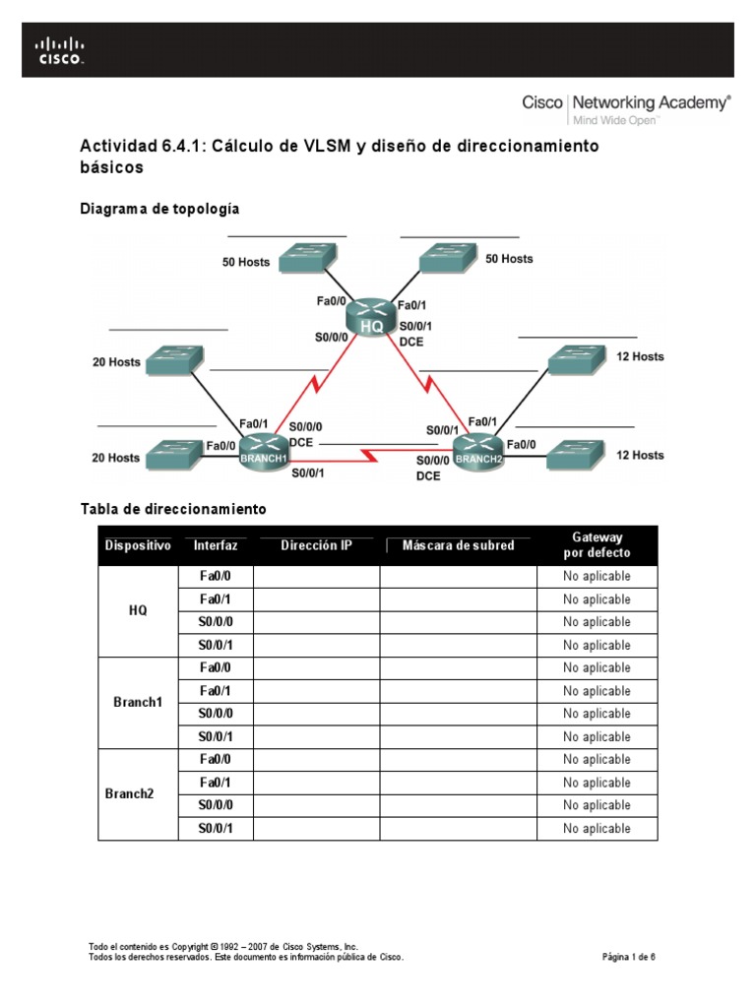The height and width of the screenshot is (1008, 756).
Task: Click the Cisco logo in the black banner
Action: coord(60,50)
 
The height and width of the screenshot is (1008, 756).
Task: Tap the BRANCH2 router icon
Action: coord(478,451)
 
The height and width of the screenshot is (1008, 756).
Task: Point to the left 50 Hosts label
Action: coord(246,262)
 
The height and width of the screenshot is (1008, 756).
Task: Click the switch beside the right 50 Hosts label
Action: coord(448,259)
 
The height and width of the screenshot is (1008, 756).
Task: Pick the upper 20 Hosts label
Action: coord(117,362)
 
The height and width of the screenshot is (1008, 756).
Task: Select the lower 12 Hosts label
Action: coord(640,455)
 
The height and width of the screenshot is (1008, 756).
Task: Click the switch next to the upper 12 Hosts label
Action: coord(579,358)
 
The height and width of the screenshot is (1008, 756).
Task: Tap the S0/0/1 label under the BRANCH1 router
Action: coord(308,472)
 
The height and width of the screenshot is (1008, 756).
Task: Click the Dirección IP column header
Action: coord(316,544)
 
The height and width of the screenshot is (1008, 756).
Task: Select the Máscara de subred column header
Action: coord(458,545)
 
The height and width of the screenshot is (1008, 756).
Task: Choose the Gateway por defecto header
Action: coord(597,544)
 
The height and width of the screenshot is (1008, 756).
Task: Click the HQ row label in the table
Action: coord(138,610)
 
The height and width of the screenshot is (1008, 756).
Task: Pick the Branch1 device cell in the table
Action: coord(138,702)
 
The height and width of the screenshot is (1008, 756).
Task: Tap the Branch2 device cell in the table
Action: coord(138,793)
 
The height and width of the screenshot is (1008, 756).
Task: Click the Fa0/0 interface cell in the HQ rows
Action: coord(216,577)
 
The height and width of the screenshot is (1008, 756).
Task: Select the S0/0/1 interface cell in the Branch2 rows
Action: coord(216,829)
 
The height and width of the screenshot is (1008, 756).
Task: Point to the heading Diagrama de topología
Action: coord(159,209)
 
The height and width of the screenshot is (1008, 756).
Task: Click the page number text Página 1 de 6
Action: coord(629,956)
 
